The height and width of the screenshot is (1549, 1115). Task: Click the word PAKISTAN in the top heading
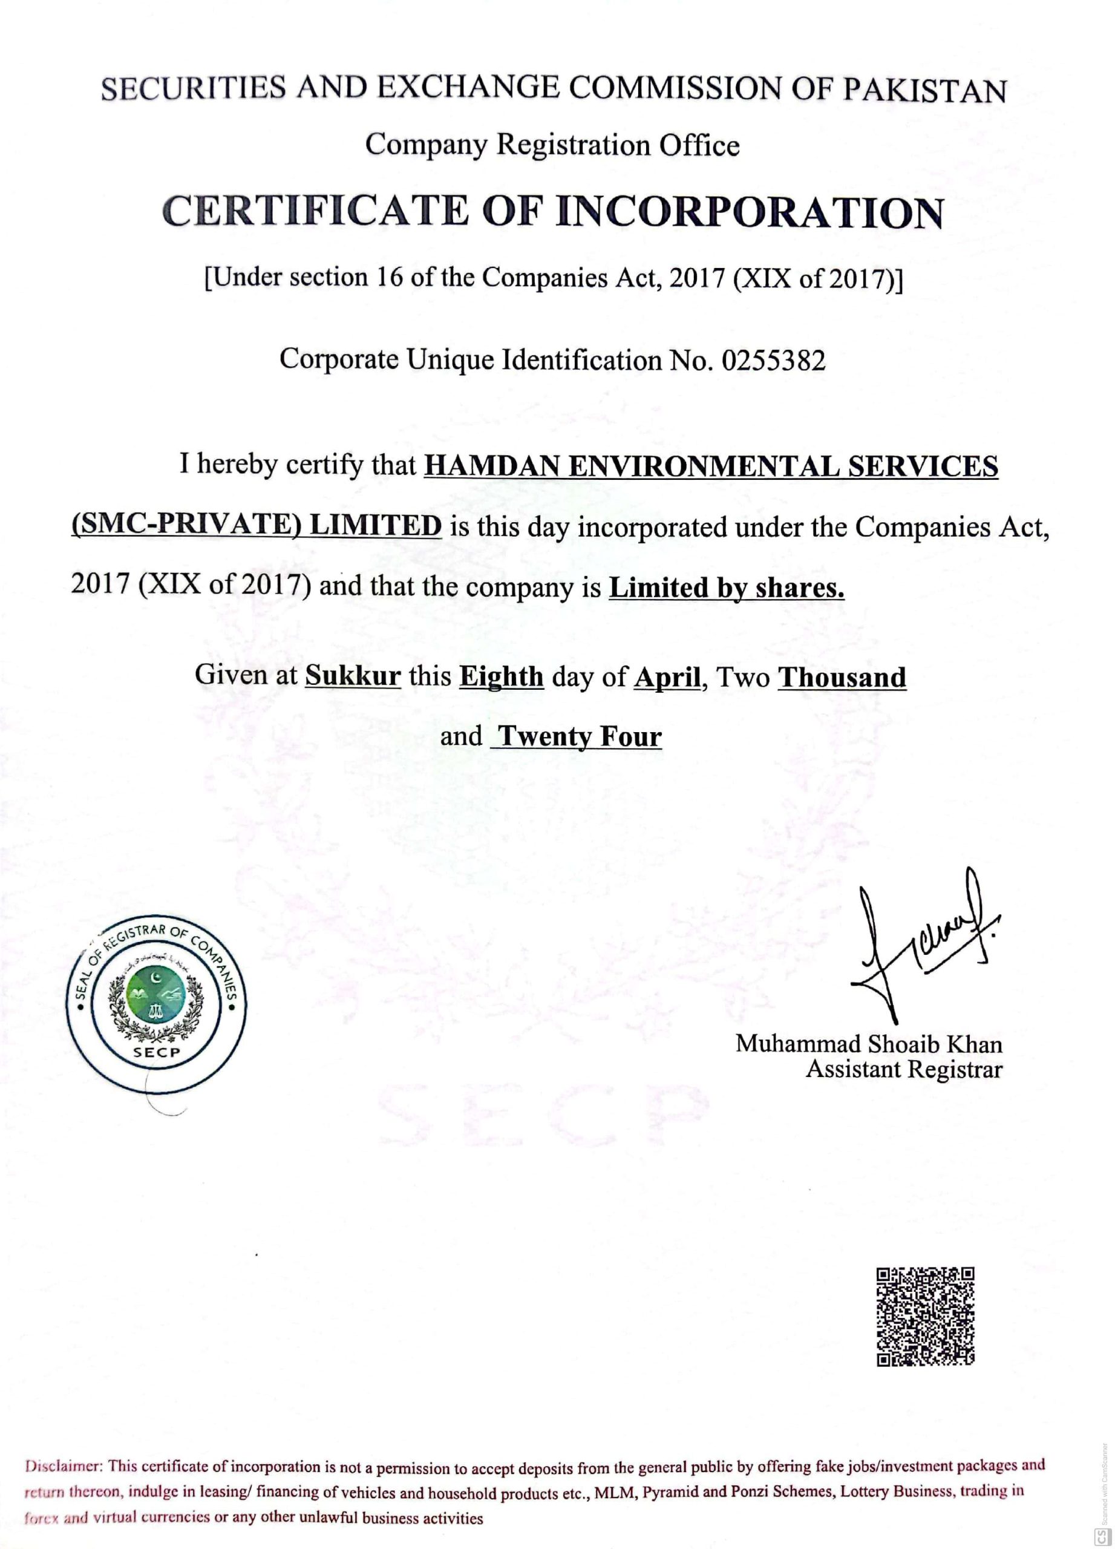point(924,91)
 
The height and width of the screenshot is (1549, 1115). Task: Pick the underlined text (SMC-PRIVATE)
point(186,526)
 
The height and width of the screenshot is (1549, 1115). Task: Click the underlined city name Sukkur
point(353,676)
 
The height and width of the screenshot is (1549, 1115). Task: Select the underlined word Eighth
point(501,677)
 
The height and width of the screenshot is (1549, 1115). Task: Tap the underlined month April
point(667,678)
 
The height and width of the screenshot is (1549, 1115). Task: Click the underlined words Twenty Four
point(579,737)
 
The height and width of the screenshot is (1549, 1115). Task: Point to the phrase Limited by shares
point(727,588)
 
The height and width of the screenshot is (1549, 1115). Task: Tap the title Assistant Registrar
point(903,1070)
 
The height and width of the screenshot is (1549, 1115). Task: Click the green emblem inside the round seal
point(155,998)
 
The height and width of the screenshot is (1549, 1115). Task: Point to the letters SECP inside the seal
point(156,1052)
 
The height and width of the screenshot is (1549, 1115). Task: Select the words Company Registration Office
point(552,145)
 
